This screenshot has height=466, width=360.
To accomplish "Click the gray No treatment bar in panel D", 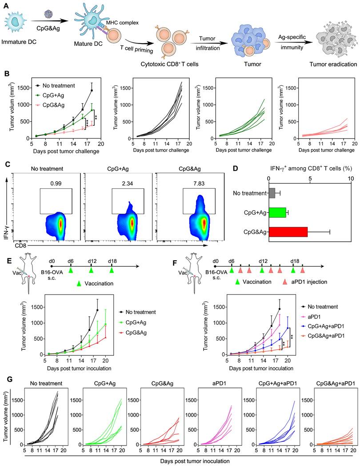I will point(272,194).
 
